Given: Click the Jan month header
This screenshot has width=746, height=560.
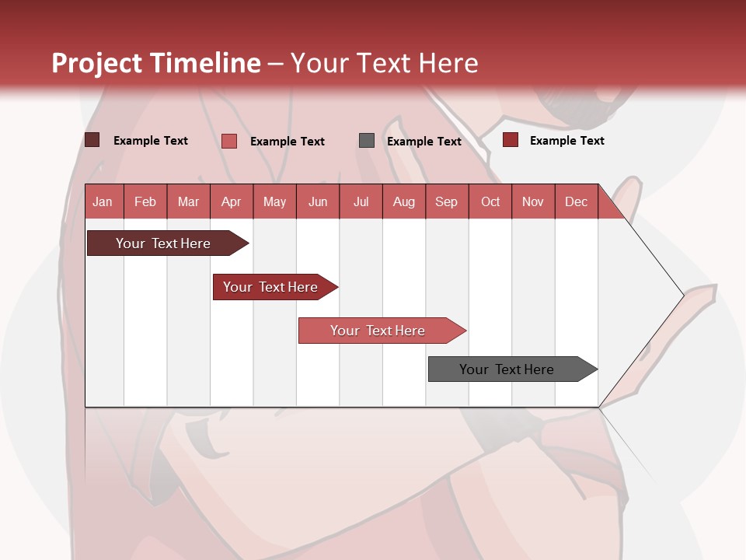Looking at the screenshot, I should pos(103,201).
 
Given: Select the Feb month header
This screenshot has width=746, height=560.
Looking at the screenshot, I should pos(145,201).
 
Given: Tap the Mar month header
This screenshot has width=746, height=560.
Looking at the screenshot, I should pos(188,201).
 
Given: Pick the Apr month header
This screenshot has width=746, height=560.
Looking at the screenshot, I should pos(232,201).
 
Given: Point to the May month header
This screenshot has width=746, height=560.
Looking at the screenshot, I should pos(274,201).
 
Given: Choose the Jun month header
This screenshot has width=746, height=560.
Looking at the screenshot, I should pos(318,201).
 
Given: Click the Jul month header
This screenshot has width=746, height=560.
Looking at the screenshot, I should pos(361,201).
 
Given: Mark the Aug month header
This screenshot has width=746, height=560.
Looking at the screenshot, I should pos(404,201).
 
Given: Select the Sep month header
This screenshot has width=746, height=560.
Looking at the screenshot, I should pos(447,201).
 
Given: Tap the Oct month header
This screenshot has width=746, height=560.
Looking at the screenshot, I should pos(490,201).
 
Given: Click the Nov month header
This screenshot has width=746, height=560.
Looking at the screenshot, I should pos(533,201).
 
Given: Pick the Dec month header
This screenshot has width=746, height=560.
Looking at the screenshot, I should pos(577,201).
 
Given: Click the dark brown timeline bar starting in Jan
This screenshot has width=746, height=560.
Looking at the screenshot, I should pos(164,243).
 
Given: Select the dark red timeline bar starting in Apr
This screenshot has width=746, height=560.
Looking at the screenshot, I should pos(271,287).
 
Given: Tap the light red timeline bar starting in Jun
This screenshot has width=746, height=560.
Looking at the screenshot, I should pos(378,331).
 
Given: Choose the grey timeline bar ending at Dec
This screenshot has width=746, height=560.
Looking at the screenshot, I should pos(507,369).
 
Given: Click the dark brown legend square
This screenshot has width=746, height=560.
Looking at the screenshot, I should pos(92,140).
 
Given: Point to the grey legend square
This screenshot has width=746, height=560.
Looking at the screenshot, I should pos(367,140).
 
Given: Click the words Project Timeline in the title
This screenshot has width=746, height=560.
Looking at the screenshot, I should pos(156,63).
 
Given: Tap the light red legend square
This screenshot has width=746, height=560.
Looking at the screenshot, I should pos(229,141).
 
